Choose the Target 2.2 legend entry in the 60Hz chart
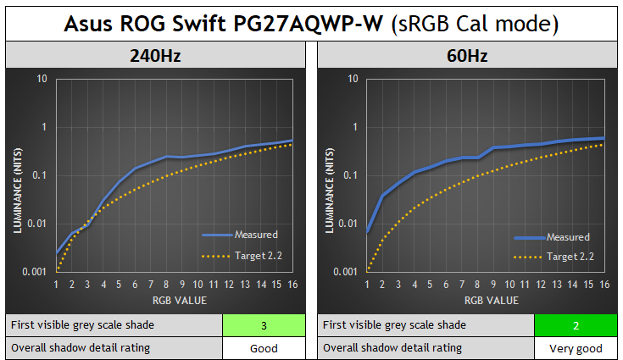pos(568,257)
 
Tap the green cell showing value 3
pos(263,325)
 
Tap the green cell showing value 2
pos(575,325)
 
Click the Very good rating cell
pos(575,347)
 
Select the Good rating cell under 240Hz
pos(263,347)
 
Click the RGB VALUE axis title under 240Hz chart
pos(174,300)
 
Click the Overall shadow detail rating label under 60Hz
pos(392,347)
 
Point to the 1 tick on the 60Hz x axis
pos(367,285)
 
